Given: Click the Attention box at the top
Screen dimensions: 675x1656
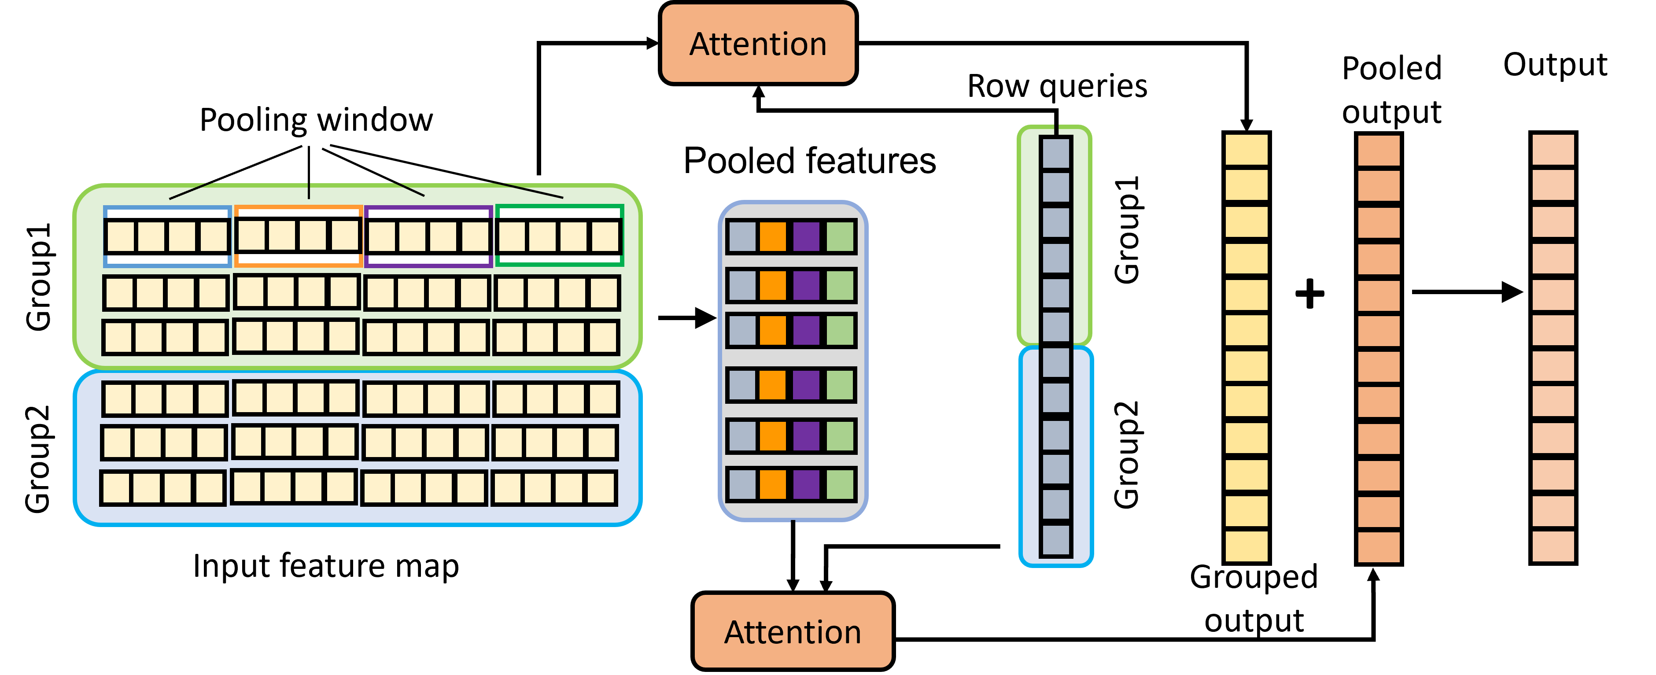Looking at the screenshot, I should [x=758, y=43].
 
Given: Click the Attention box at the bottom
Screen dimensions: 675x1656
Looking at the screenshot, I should [x=793, y=631].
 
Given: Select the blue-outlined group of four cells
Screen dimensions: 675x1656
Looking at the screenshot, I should [x=167, y=236].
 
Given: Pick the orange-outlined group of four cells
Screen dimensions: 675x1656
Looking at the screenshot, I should [x=298, y=236].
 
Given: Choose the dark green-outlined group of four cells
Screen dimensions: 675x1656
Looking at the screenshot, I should [x=559, y=236].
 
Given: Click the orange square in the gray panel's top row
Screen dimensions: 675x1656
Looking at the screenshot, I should [x=773, y=236].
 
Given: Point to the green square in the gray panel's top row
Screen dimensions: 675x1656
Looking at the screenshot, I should [x=840, y=236].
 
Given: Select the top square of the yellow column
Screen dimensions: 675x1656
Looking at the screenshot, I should [x=1246, y=150].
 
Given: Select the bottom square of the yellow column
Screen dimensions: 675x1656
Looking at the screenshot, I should [x=1246, y=546].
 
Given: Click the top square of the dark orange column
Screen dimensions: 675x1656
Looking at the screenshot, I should [x=1378, y=151].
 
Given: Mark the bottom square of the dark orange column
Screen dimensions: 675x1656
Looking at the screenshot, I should [x=1378, y=546].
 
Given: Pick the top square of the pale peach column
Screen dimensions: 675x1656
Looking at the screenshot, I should [x=1553, y=150].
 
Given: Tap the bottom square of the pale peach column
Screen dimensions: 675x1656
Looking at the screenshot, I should [x=1553, y=546].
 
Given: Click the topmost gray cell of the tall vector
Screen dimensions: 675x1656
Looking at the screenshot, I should [x=1055, y=154].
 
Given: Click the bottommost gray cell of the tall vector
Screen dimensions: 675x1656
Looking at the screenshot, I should [x=1055, y=539].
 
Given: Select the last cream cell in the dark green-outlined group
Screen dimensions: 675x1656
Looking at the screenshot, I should [x=605, y=236].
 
